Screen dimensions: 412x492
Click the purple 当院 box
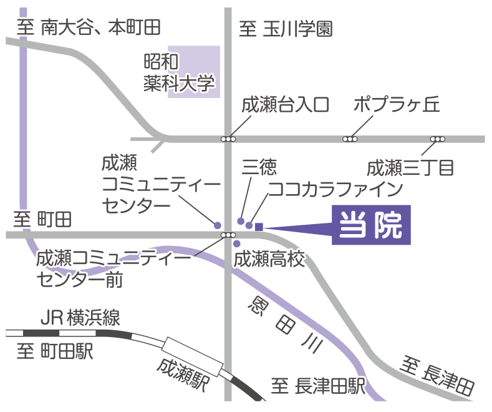point(371,223)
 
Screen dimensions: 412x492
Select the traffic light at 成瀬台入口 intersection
point(229,139)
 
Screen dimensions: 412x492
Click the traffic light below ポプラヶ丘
point(350,139)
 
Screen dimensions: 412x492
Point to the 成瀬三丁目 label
point(410,168)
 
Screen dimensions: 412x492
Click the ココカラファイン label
point(335,188)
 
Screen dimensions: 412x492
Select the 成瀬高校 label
point(269,259)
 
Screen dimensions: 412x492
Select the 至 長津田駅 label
point(318,387)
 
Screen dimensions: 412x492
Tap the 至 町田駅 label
point(55,351)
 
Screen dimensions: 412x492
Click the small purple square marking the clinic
point(259,227)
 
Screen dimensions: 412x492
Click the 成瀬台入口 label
point(285,104)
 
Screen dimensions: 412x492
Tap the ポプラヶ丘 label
point(397,104)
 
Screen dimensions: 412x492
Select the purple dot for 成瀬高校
point(236,243)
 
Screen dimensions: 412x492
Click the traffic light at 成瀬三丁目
point(438,139)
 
